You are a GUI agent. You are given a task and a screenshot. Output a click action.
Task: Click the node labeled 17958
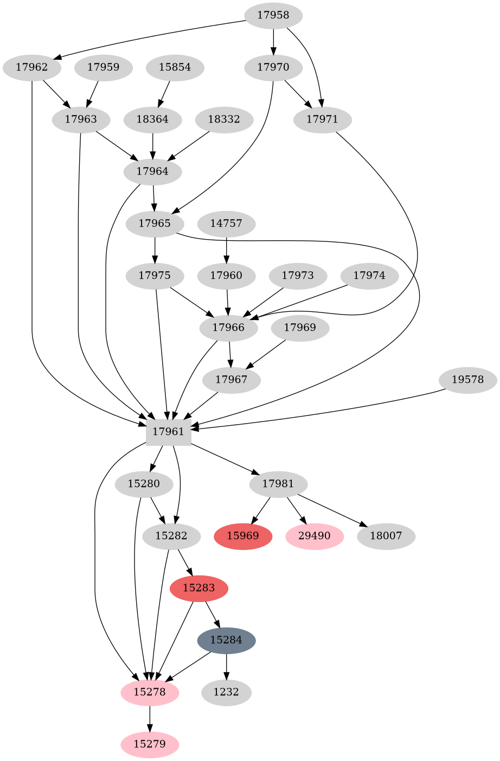(x=273, y=16)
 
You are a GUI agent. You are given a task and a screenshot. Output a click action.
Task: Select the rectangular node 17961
(x=168, y=432)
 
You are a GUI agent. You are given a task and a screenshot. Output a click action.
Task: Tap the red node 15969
(x=243, y=536)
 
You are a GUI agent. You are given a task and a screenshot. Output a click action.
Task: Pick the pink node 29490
(x=315, y=536)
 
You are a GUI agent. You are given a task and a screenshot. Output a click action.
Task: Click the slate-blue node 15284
(x=226, y=640)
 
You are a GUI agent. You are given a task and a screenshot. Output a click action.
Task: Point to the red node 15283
(x=198, y=588)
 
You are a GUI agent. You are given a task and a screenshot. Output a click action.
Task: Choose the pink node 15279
(x=150, y=744)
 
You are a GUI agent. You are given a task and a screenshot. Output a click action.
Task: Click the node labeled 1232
(x=226, y=693)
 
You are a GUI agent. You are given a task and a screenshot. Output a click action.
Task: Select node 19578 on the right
(x=467, y=380)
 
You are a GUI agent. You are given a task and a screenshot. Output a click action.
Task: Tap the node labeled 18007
(x=386, y=536)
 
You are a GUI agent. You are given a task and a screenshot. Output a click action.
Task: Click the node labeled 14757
(x=226, y=223)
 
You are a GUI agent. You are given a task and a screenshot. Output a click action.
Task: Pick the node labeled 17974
(x=369, y=276)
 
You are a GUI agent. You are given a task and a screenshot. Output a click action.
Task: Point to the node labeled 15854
(x=175, y=68)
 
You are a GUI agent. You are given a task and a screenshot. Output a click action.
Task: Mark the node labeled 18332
(x=223, y=119)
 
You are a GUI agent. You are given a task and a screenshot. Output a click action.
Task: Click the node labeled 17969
(x=300, y=328)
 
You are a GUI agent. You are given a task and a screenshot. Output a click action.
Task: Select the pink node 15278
(x=150, y=693)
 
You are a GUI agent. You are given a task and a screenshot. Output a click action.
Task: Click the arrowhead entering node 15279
(x=150, y=727)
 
